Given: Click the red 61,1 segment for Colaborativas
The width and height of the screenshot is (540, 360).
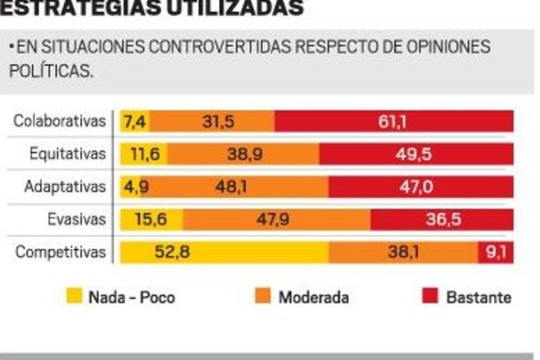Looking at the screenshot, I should [x=394, y=122].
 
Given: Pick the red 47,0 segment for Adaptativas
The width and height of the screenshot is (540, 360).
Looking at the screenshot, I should [x=421, y=187].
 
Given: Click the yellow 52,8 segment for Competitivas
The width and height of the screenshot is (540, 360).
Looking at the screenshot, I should [x=224, y=253].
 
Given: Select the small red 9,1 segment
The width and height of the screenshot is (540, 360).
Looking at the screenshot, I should [x=495, y=253].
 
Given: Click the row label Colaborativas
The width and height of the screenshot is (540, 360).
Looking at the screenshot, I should [x=60, y=121].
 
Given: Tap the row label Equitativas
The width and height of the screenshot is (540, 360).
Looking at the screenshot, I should [x=68, y=154].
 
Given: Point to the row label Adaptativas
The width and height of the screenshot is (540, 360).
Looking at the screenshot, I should [x=65, y=187].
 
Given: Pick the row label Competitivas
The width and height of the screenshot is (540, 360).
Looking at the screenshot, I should [x=61, y=253].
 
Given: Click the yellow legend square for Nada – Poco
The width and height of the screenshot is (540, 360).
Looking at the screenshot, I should [x=74, y=296].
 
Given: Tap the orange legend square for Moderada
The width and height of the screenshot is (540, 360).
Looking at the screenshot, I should [x=263, y=296].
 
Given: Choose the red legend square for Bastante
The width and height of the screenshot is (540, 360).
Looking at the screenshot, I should [x=430, y=296].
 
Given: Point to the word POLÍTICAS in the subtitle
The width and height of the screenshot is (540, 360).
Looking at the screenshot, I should [x=50, y=71].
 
